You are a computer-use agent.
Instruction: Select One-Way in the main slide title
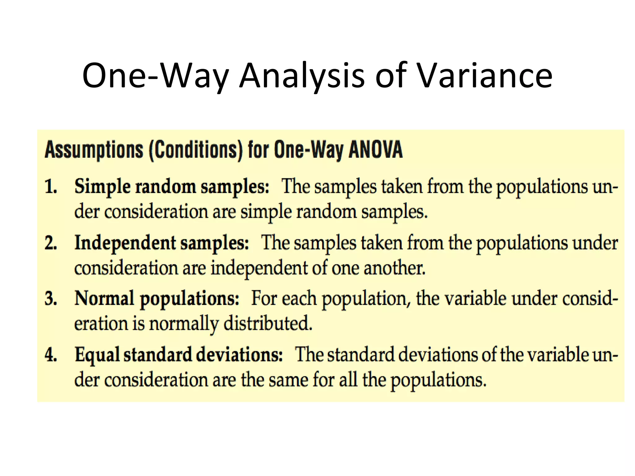click(155, 76)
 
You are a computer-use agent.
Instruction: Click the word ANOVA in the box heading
click(375, 150)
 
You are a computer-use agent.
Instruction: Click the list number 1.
click(51, 187)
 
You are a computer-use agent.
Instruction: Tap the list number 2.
click(51, 243)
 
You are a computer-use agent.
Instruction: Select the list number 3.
click(51, 299)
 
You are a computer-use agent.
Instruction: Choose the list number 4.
click(51, 355)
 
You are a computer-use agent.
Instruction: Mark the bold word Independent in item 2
click(125, 243)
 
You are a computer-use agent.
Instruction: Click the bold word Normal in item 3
click(104, 298)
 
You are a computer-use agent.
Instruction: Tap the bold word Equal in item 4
click(97, 355)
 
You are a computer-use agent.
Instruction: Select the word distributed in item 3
click(267, 324)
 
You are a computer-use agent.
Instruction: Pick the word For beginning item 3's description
click(264, 298)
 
